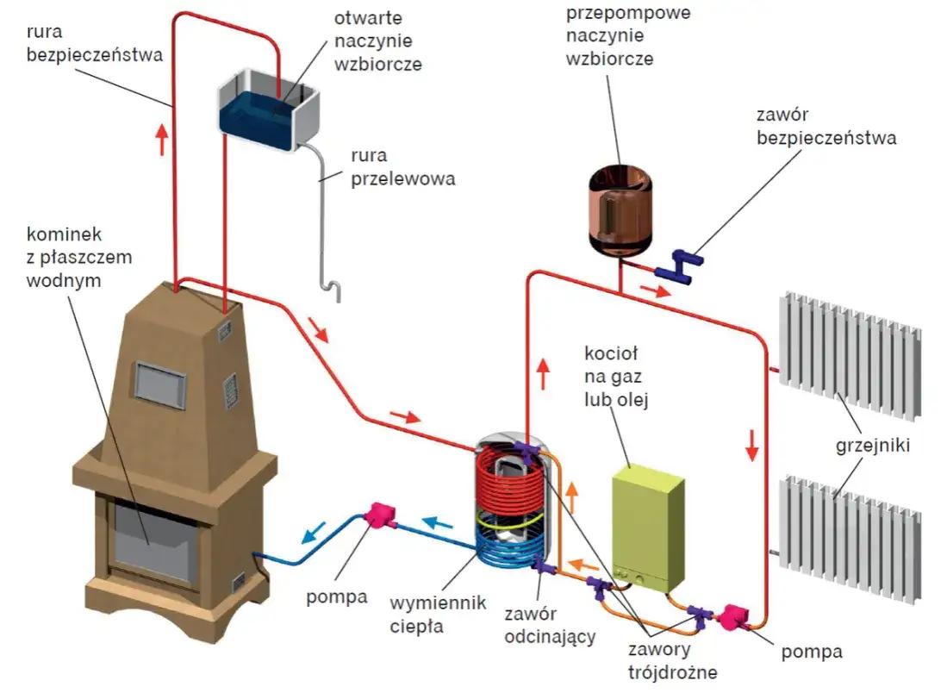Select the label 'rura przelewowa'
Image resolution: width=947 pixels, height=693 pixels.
coord(402,167)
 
